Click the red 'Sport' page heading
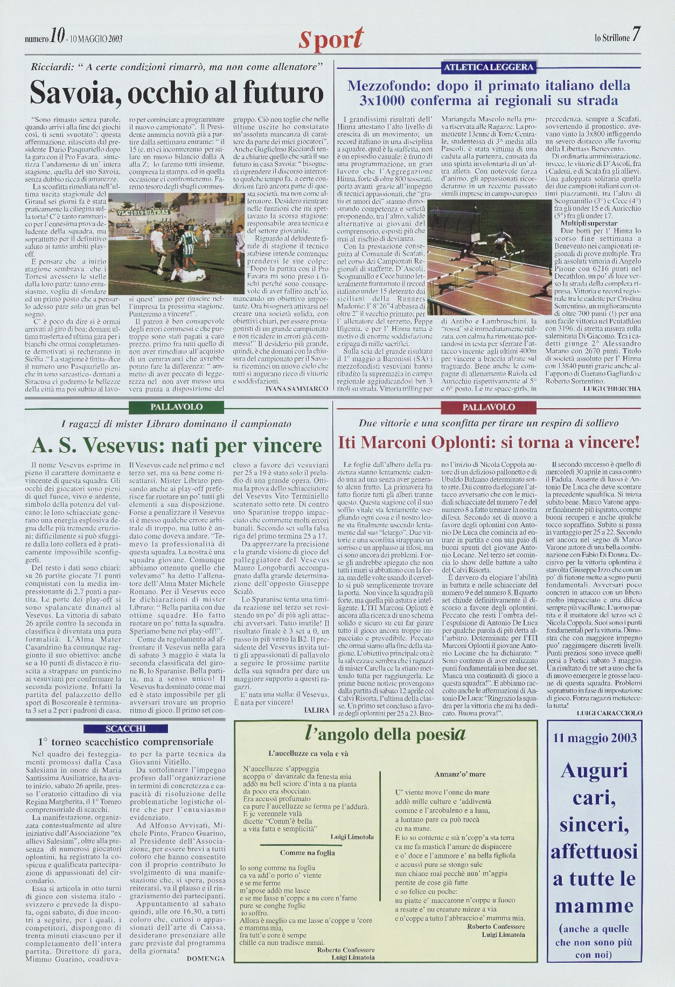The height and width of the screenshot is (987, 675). (331, 39)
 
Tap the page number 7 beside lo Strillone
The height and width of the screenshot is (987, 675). (636, 36)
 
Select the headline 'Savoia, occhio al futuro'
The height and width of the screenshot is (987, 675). (177, 92)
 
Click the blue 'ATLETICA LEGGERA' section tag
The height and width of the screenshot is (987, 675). (489, 67)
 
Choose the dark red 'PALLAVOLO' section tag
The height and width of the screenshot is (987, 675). (489, 408)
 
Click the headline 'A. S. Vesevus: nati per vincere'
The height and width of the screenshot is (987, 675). (177, 445)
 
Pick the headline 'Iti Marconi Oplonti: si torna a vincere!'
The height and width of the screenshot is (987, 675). (489, 443)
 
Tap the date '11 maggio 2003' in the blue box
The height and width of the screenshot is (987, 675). (594, 738)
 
